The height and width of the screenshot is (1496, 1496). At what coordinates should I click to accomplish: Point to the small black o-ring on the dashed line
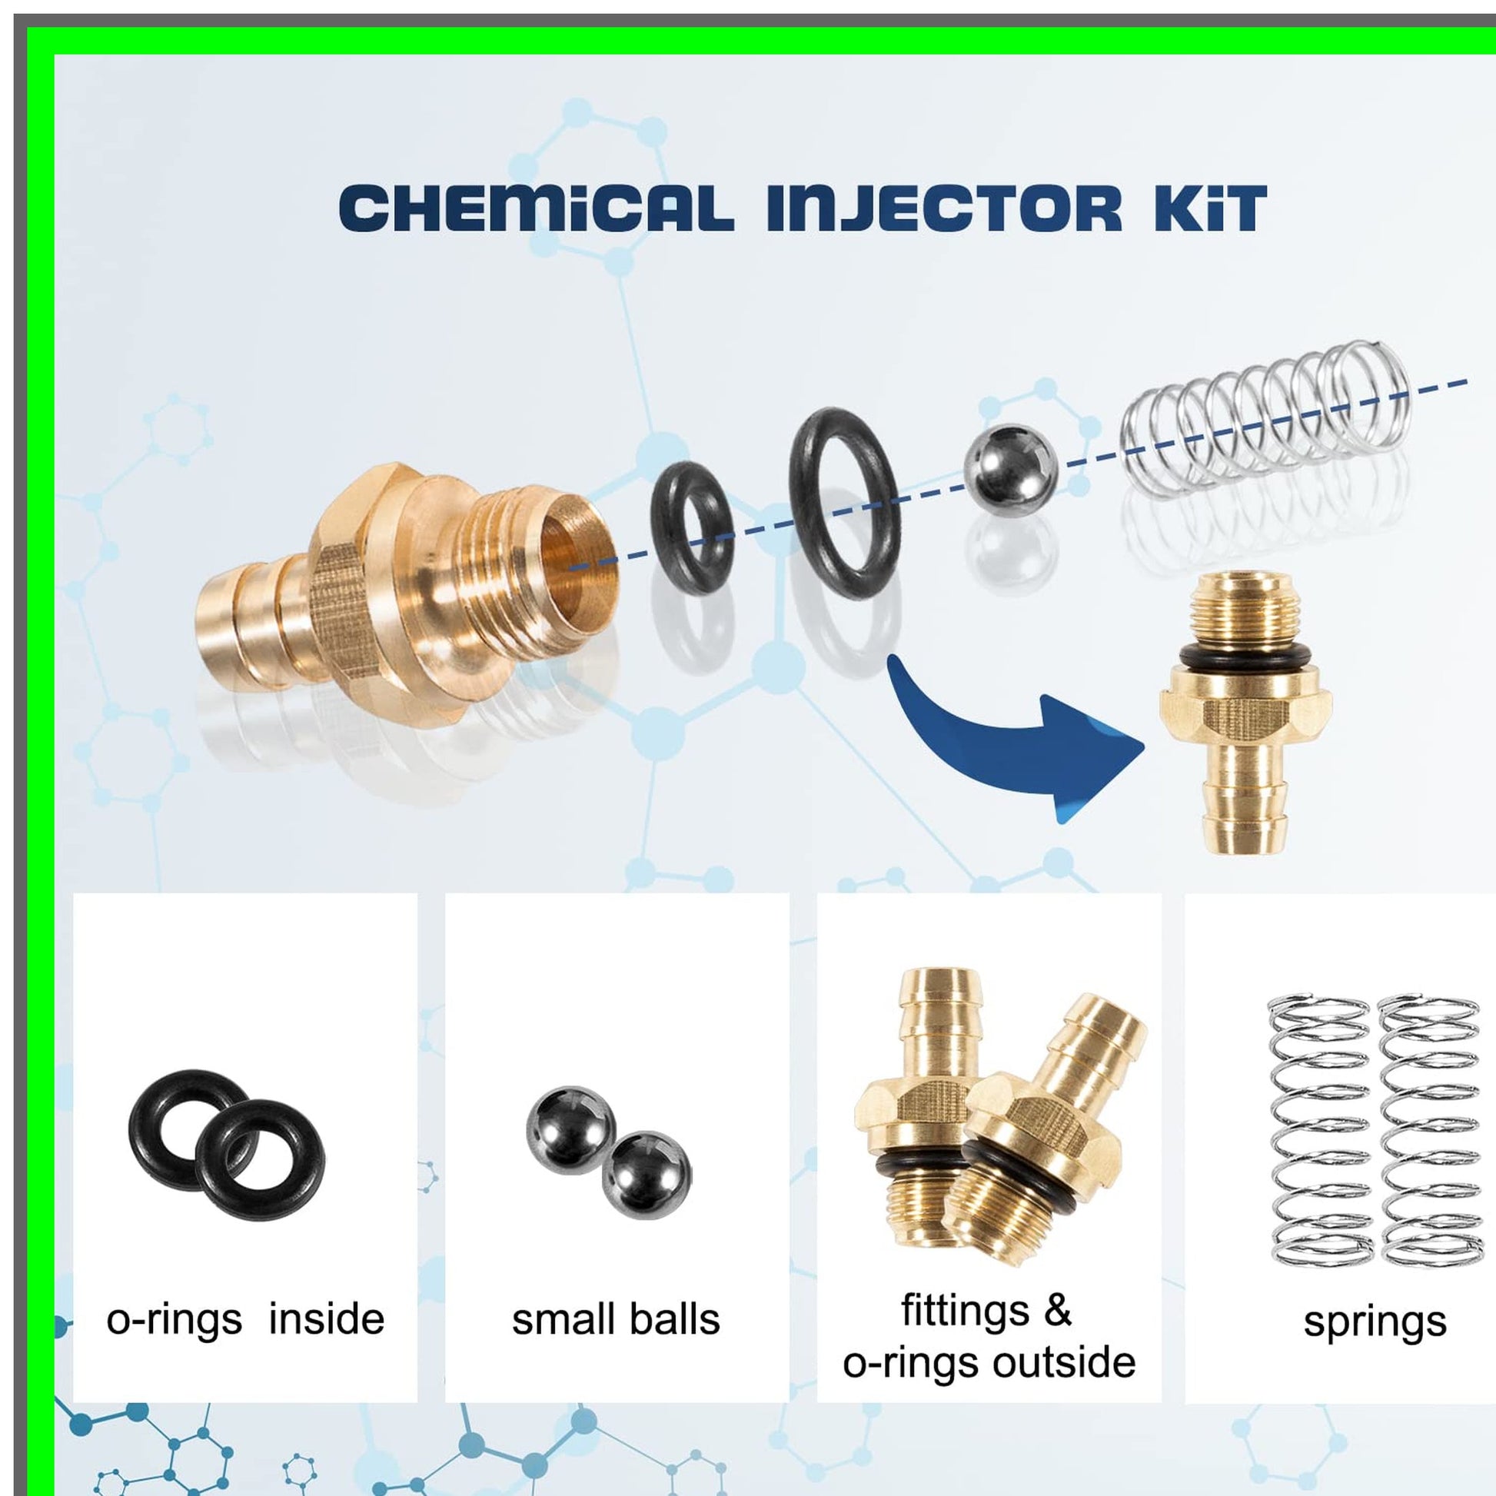[x=658, y=534]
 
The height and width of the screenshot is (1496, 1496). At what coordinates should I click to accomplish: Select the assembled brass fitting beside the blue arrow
[x=1245, y=713]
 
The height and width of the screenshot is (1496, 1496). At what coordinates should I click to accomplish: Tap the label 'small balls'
[x=616, y=1319]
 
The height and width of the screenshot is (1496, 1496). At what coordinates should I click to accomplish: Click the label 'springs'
[x=1375, y=1322]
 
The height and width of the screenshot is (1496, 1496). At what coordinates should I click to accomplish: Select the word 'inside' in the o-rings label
[x=326, y=1318]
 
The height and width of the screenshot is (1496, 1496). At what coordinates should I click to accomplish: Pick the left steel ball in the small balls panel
[x=570, y=1132]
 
